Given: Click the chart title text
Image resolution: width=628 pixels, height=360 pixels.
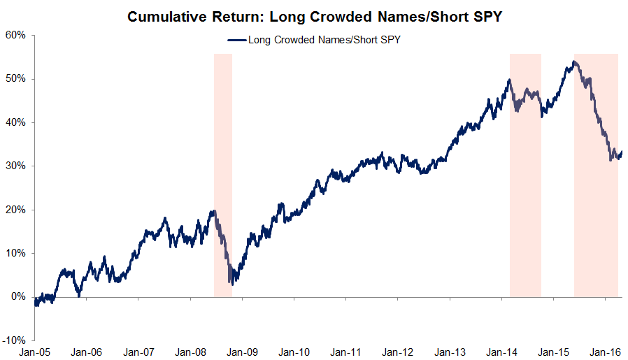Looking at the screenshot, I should pos(314,15).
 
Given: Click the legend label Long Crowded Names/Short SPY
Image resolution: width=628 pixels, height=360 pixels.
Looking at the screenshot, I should pos(324,40).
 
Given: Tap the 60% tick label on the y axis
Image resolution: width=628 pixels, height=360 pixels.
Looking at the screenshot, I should pos(15,35).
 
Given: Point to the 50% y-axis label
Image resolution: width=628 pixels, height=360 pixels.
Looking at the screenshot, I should pos(15,78).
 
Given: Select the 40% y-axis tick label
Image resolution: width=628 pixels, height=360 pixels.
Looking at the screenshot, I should pos(15,122).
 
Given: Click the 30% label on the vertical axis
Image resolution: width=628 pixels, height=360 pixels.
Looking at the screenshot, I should pos(15,166).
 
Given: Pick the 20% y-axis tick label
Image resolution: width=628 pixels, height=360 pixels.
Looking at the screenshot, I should pos(15,210).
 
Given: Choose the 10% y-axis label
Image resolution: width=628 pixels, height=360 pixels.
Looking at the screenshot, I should pos(15,253).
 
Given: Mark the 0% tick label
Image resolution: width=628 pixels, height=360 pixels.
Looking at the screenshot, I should pos(18,297).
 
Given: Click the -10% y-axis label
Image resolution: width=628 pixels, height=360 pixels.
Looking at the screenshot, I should pos(14,340).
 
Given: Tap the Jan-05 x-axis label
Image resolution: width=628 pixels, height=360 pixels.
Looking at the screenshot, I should pos(35,352).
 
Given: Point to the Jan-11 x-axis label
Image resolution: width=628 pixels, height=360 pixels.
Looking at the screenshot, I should pos(346,352).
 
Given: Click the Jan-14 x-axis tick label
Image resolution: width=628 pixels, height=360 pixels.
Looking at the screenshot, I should pos(501,352).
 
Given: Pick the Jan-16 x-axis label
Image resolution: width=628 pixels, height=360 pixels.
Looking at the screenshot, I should pos(605,352).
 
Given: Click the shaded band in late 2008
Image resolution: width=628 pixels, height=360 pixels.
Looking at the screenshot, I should pos(222,175).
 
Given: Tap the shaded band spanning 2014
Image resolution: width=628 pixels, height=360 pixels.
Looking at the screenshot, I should pos(525,175).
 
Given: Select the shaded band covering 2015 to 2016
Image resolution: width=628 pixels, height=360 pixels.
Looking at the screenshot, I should pos(596,175).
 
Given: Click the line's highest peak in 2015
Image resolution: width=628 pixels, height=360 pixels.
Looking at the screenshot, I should pos(573,62).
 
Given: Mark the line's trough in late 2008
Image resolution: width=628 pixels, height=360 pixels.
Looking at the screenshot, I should pos(231,282).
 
